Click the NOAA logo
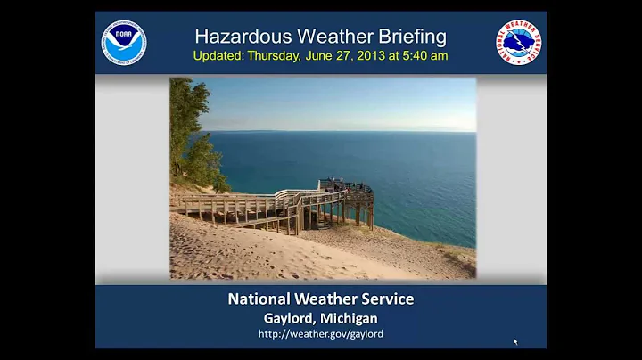(x=124, y=43)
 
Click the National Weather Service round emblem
(x=519, y=43)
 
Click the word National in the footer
(x=262, y=299)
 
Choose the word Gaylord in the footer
(x=289, y=318)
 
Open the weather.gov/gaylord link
(x=321, y=334)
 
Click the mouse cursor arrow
(x=515, y=341)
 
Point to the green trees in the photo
(x=191, y=134)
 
